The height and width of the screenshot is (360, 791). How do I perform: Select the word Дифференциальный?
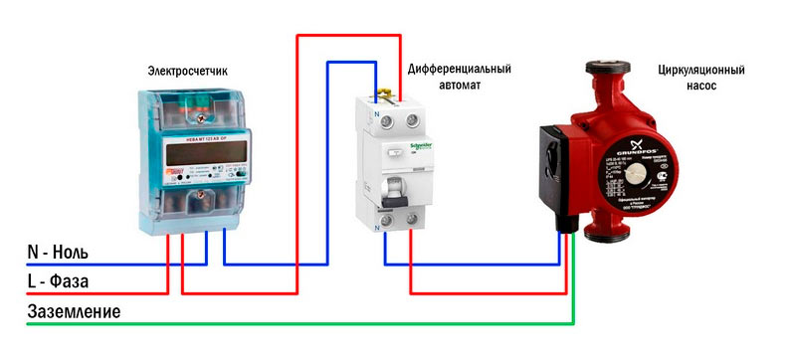(x=460, y=69)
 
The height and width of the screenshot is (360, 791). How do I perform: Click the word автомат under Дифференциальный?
(x=460, y=86)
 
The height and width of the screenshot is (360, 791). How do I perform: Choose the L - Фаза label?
(x=58, y=282)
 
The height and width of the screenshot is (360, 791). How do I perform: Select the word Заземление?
(x=75, y=312)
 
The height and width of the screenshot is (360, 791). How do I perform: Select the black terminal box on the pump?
(x=554, y=179)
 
